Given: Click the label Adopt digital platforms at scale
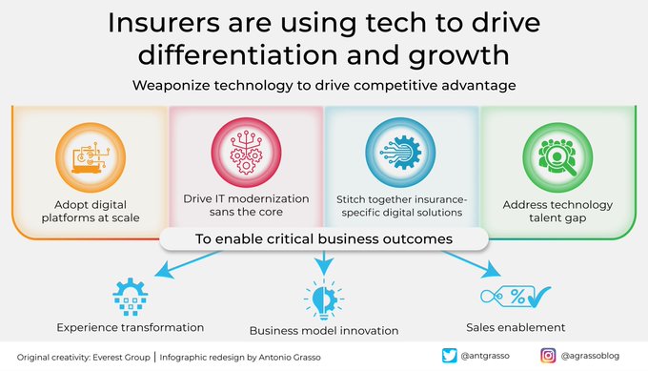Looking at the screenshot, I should point(91,211).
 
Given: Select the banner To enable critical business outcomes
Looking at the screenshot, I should point(324,238).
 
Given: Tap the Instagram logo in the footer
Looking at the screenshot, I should point(550,356).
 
